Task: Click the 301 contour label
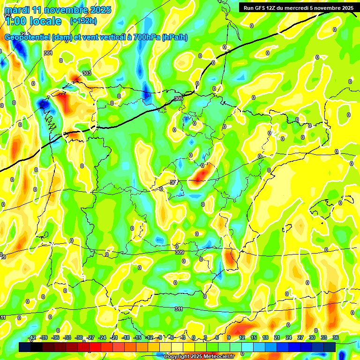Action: (48, 53)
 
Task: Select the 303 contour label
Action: (87, 73)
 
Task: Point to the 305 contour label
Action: (178, 98)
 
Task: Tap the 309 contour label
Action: (179, 253)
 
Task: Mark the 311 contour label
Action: (179, 309)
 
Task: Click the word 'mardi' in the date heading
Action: (17, 10)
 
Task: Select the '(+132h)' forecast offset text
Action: (83, 21)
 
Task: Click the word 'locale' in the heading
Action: (45, 21)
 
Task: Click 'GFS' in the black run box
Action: (261, 8)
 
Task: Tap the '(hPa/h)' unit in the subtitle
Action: (174, 37)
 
